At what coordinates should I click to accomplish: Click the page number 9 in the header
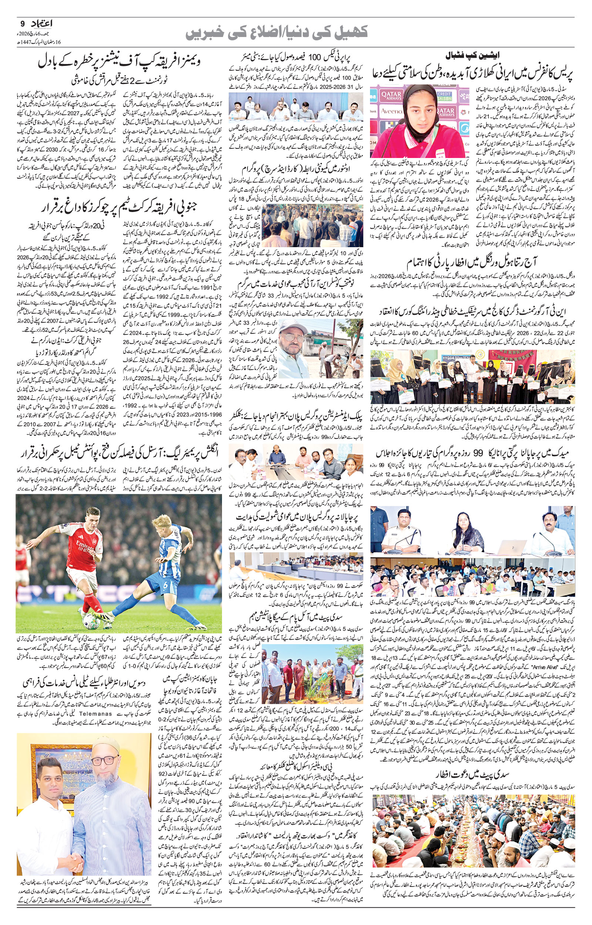[x=22, y=24]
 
